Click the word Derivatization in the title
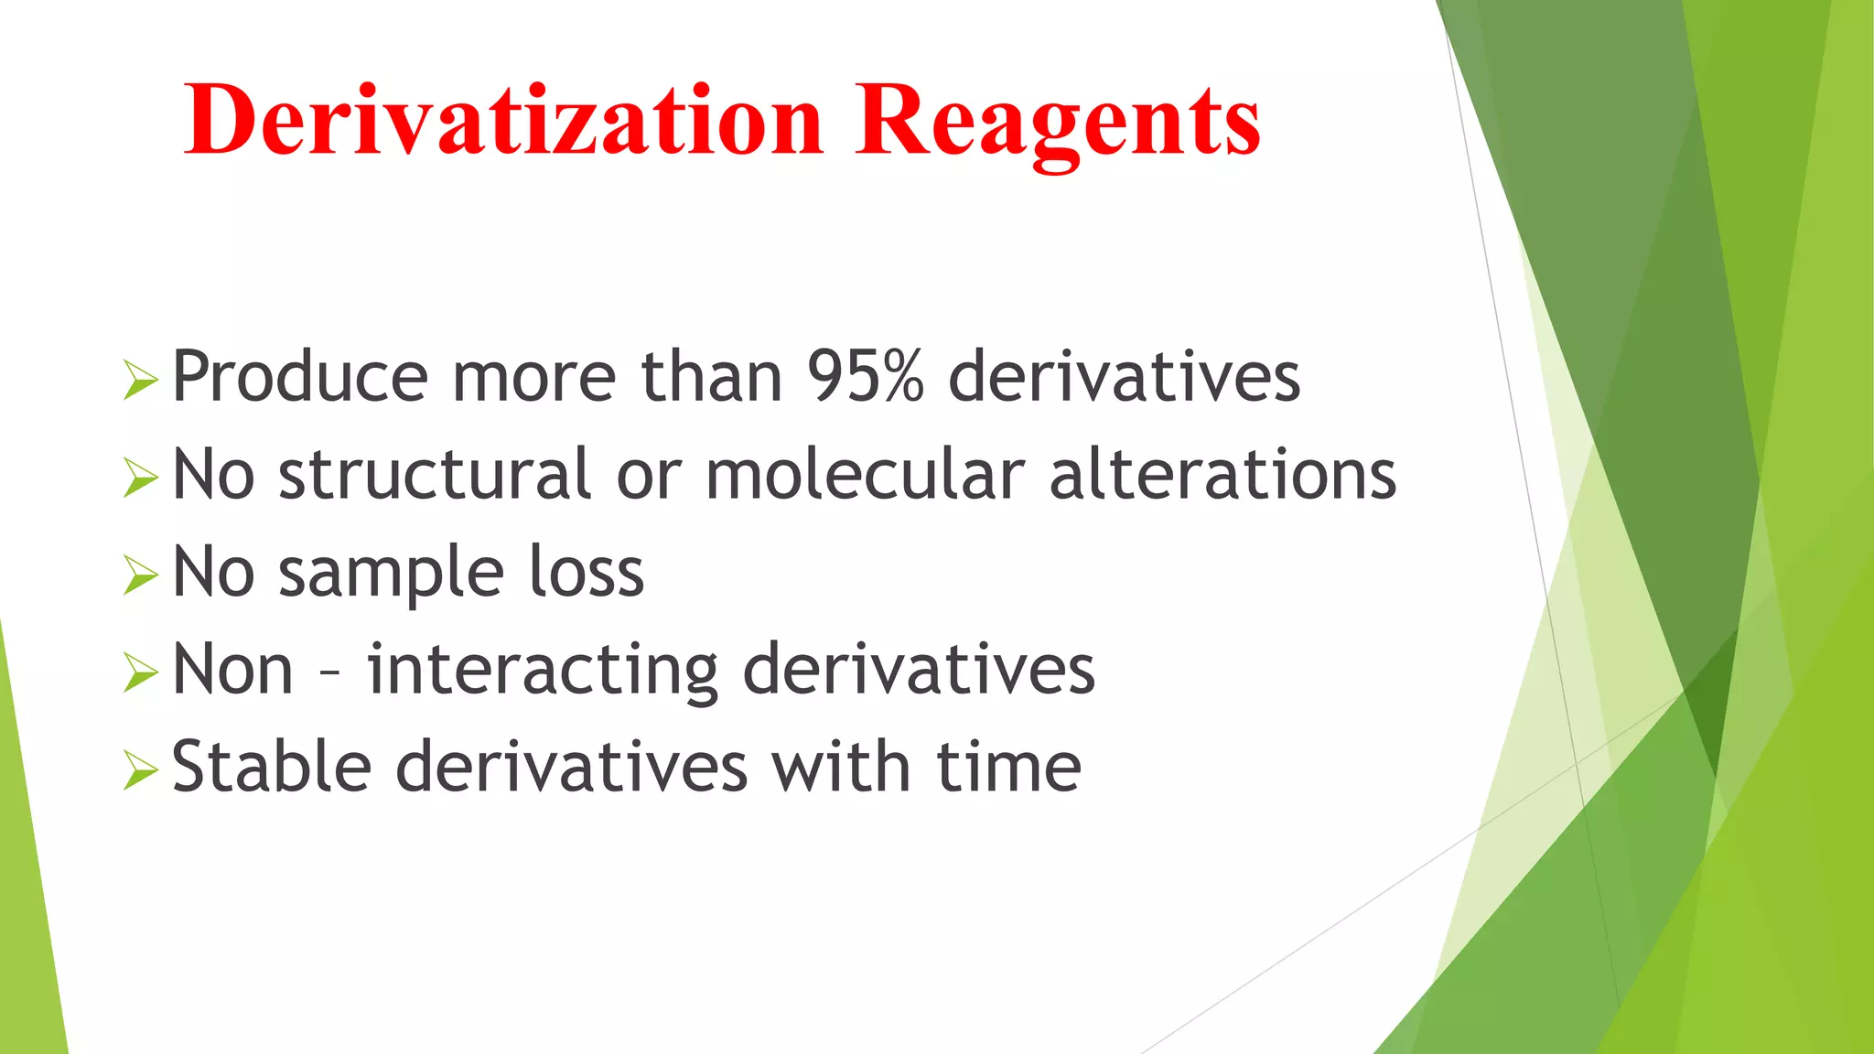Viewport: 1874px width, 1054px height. click(504, 120)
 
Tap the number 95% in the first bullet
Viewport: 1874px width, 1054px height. click(865, 376)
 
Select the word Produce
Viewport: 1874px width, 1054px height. click(300, 376)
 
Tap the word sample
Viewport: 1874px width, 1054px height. click(391, 573)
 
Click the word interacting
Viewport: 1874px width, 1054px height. click(543, 670)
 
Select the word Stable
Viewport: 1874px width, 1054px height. click(272, 767)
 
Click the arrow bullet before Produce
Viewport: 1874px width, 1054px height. click(140, 379)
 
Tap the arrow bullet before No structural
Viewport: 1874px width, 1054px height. click(140, 478)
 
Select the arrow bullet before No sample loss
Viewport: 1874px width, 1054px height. click(140, 575)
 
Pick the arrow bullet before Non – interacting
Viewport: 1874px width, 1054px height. click(140, 673)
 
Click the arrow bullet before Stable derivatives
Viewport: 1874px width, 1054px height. click(140, 770)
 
